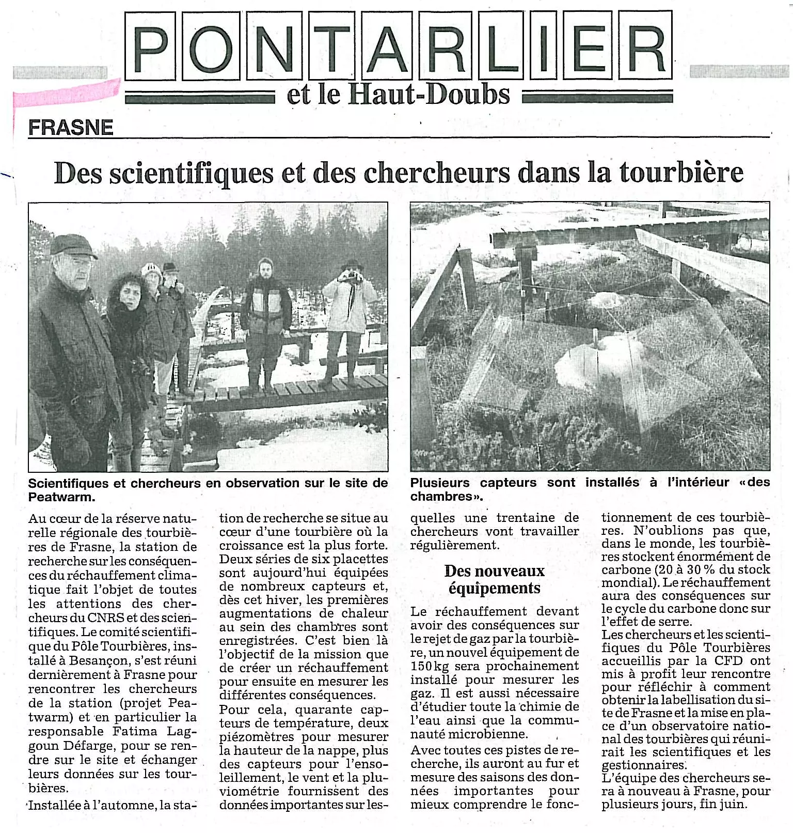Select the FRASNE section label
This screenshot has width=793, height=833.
[x=71, y=128]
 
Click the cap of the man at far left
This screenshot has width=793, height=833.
[x=73, y=246]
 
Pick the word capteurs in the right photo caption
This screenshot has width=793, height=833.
[x=509, y=483]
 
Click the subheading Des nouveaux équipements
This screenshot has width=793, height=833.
[x=494, y=579]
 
